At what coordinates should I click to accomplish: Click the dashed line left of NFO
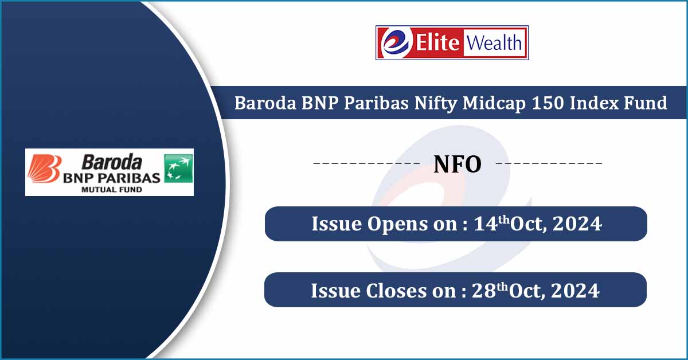[368, 164]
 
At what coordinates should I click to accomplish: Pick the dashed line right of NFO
[548, 164]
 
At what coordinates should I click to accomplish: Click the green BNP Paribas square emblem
[178, 169]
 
